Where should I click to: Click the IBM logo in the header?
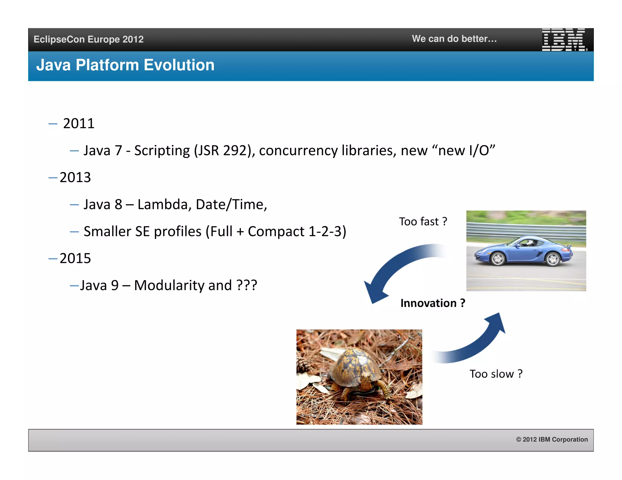click(x=564, y=39)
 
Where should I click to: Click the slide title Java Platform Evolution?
click(x=125, y=65)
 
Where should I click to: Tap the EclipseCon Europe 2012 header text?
click(x=88, y=39)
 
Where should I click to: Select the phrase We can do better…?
click(x=454, y=39)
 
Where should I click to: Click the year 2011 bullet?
click(x=79, y=123)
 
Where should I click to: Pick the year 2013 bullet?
click(x=75, y=177)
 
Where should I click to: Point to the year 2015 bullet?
click(x=75, y=259)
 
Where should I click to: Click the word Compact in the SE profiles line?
click(x=276, y=232)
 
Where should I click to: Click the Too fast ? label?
click(x=423, y=221)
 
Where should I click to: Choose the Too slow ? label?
click(x=496, y=374)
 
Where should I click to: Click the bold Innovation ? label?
click(x=432, y=303)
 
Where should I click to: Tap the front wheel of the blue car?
click(x=498, y=259)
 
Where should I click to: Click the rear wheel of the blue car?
click(x=552, y=259)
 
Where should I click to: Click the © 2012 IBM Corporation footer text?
click(x=552, y=439)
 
